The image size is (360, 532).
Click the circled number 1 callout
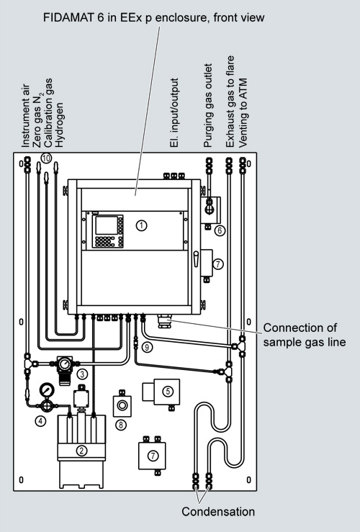[x=142, y=225]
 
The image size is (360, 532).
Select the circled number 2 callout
[x=81, y=451]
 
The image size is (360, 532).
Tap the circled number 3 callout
[x=83, y=374]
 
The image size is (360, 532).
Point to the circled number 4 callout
[x=40, y=421]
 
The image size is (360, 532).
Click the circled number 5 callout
[x=168, y=391]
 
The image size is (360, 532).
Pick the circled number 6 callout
[x=220, y=230]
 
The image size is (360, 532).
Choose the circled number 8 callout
[x=121, y=425]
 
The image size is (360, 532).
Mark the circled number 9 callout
[x=147, y=347]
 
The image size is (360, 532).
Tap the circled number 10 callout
[x=46, y=158]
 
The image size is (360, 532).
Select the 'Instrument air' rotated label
[x=26, y=116]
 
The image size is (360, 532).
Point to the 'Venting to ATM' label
[x=243, y=113]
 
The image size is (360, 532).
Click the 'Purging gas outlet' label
[x=207, y=105]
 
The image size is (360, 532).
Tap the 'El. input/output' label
[x=174, y=112]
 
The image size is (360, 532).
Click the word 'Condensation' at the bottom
[x=218, y=511]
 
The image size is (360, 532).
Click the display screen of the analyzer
[x=107, y=225]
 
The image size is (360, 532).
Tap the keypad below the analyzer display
[x=105, y=241]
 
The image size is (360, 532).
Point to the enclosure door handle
[x=196, y=259]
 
